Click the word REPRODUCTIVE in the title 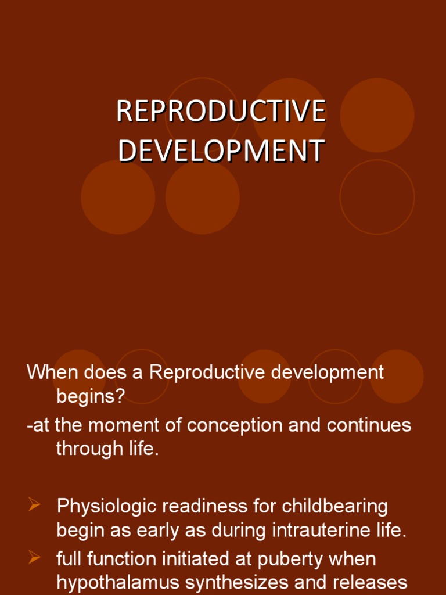point(221,112)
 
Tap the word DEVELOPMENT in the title point(221,151)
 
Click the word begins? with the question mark point(91,396)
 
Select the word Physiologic point(107,506)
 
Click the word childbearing point(335,506)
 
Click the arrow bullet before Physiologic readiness point(34,506)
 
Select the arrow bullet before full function point(34,558)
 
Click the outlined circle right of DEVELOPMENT point(377,197)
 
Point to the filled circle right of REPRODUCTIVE point(377,115)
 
